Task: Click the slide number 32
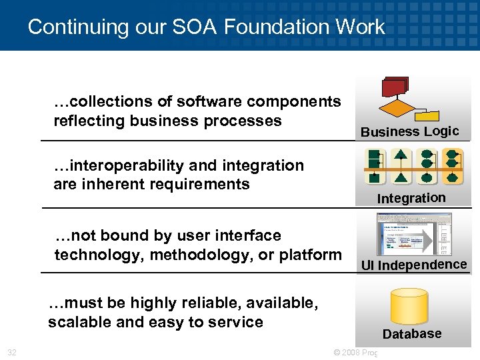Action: (12, 352)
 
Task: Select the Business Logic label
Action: (409, 131)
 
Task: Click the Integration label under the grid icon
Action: (411, 198)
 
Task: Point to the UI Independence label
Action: (413, 265)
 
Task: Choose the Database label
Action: (411, 333)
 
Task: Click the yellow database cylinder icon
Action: (408, 307)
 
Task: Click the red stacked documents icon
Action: (395, 87)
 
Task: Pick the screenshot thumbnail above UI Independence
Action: (413, 233)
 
